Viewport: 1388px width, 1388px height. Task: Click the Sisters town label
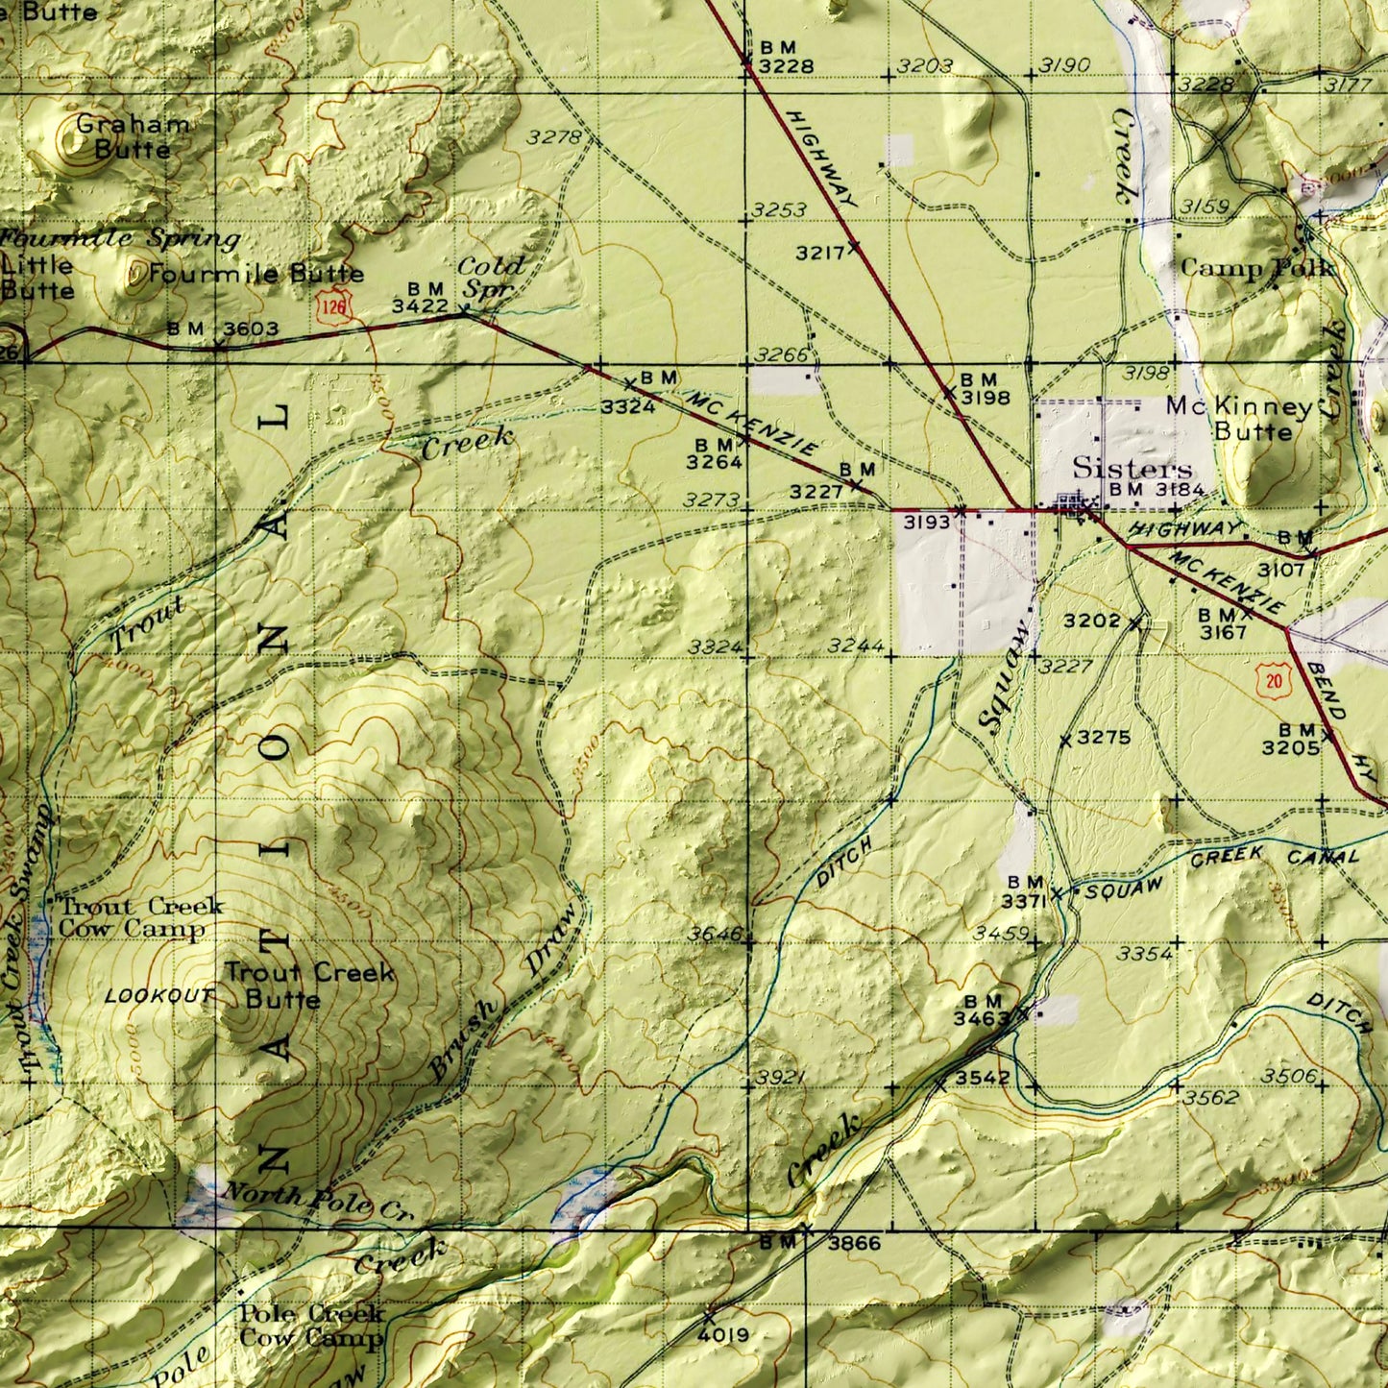point(1132,469)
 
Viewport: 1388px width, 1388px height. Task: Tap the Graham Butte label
point(133,136)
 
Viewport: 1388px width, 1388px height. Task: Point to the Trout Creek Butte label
point(308,985)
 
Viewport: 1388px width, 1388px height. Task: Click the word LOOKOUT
point(158,996)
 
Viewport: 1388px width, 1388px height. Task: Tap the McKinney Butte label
point(1239,419)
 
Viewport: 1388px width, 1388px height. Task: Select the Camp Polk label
point(1255,268)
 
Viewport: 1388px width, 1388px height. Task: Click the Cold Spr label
point(490,277)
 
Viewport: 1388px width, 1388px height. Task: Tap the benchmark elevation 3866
point(854,1243)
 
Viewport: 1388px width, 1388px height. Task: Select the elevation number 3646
point(715,934)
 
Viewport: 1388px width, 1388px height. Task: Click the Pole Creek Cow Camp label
point(311,1325)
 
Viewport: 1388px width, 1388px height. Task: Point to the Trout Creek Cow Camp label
point(140,917)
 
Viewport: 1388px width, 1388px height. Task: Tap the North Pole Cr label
point(317,1202)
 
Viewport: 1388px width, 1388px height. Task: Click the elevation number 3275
point(1104,738)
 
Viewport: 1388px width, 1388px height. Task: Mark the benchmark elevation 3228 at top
point(786,66)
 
